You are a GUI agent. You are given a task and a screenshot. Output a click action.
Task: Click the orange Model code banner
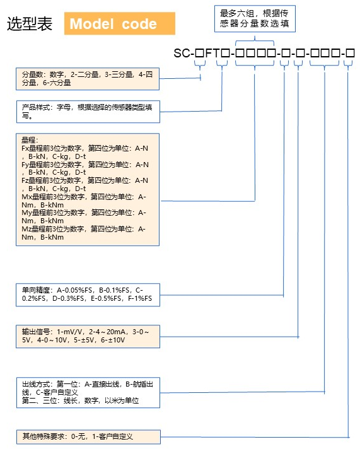119,23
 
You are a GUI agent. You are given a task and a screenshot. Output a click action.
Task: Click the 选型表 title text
30,23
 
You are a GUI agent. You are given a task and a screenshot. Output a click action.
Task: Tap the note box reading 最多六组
255,18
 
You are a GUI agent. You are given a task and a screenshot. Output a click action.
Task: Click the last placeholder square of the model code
350,53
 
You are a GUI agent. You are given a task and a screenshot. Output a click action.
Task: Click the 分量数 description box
88,79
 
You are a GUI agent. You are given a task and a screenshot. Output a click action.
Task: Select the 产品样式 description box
88,112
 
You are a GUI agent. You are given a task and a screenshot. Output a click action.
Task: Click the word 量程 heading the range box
28,140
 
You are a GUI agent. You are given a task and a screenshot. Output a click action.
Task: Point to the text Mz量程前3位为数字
53,229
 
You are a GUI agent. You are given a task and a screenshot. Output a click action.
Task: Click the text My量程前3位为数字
53,213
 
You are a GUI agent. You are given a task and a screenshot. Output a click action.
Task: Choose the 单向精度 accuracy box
88,294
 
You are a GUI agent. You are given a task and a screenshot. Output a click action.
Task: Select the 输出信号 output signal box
88,337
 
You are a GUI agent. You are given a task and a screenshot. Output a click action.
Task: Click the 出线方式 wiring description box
88,393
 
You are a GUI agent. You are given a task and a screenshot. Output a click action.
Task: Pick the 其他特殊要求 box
88,436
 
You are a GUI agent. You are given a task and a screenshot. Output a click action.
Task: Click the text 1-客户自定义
113,436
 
